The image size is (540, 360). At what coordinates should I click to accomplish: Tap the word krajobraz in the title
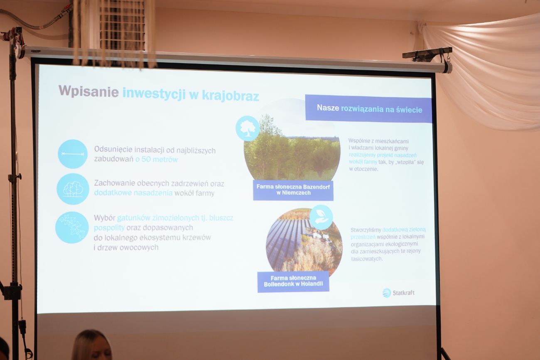point(231,96)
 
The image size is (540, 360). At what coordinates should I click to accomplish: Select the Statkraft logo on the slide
point(398,293)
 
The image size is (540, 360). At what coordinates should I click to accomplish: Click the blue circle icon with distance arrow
point(73,154)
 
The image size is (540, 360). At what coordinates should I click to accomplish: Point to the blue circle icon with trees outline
point(73,189)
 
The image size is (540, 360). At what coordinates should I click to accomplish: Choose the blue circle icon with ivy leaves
point(72,228)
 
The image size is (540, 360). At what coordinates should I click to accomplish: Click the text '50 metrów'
point(160,159)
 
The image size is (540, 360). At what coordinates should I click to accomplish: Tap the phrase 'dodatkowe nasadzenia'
point(133,193)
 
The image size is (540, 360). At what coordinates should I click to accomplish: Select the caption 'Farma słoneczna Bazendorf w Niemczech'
point(293,190)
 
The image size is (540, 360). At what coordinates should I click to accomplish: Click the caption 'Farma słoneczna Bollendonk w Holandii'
point(293,281)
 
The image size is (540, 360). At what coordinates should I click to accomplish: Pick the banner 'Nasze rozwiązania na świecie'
point(368,109)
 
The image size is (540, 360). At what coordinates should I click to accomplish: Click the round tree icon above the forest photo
point(248,128)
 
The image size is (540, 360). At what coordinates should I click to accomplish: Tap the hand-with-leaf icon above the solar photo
point(321,217)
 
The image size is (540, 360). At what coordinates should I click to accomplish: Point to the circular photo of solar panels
point(304,243)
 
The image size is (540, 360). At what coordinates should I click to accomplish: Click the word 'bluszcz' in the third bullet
point(221,218)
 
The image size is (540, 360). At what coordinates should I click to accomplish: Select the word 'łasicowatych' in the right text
point(367,259)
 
